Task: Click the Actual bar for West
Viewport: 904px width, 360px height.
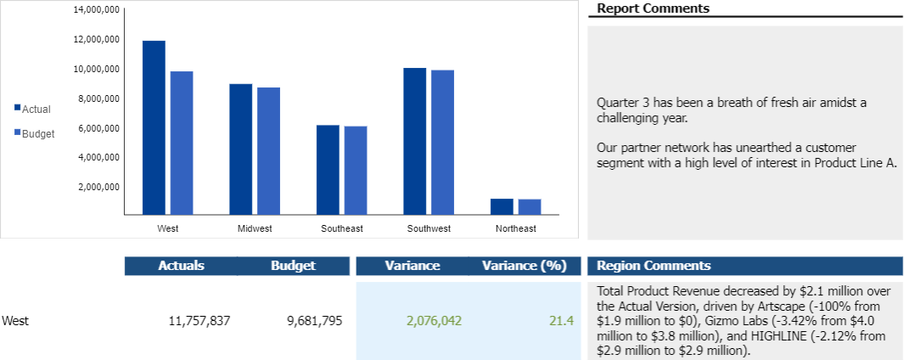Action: coord(154,127)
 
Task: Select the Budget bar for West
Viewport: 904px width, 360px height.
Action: coord(182,143)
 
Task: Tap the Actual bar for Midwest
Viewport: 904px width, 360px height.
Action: coord(240,149)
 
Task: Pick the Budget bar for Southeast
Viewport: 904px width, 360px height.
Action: coord(356,171)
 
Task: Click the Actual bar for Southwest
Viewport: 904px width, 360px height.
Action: coord(414,141)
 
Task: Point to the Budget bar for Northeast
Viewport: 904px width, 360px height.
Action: coord(530,207)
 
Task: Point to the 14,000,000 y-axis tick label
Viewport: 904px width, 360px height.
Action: coord(96,10)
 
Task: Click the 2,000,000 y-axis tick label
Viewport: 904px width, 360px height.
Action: coord(98,187)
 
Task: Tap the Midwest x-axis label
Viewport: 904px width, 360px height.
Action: coord(255,229)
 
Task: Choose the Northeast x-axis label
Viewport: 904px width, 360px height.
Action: coord(516,229)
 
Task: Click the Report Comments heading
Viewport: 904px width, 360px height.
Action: coord(653,8)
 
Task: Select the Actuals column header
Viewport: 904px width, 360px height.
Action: coord(181,266)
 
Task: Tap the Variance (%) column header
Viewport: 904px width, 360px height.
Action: coord(524,266)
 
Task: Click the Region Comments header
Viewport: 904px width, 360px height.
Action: coord(654,266)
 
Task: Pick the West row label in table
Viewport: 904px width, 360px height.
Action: coord(15,321)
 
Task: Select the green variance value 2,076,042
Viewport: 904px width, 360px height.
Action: coord(434,321)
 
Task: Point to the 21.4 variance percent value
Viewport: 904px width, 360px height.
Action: coord(562,321)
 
